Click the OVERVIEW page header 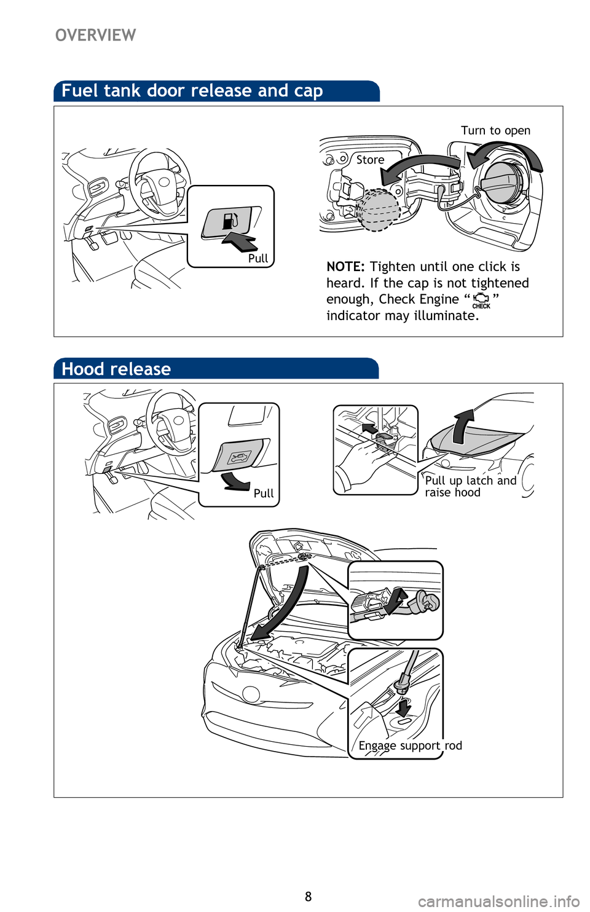pyautogui.click(x=96, y=35)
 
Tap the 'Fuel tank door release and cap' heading pyautogui.click(x=192, y=90)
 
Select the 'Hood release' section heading pyautogui.click(x=116, y=369)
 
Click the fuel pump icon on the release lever pyautogui.click(x=230, y=220)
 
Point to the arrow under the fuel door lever pyautogui.click(x=240, y=241)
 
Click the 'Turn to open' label pyautogui.click(x=495, y=130)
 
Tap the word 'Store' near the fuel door pyautogui.click(x=370, y=160)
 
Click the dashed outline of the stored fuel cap pyautogui.click(x=377, y=209)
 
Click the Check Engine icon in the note pyautogui.click(x=481, y=300)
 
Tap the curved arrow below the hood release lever pyautogui.click(x=235, y=482)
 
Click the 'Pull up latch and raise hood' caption pyautogui.click(x=470, y=487)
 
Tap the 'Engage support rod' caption pyautogui.click(x=410, y=745)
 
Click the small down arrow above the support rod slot pyautogui.click(x=403, y=708)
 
